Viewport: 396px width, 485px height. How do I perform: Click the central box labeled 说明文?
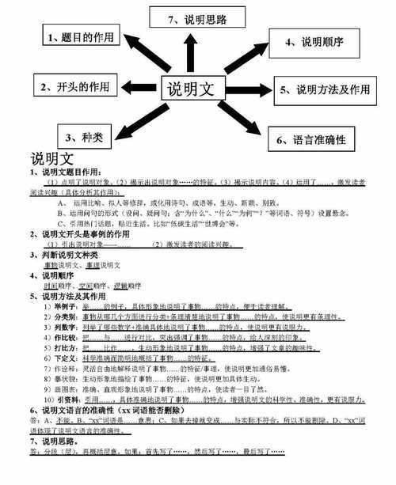(195, 88)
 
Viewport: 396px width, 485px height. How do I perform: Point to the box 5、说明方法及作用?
(333, 89)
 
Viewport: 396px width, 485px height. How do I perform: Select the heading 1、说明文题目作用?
(67, 171)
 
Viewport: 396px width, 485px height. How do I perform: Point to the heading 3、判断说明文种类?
(63, 254)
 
